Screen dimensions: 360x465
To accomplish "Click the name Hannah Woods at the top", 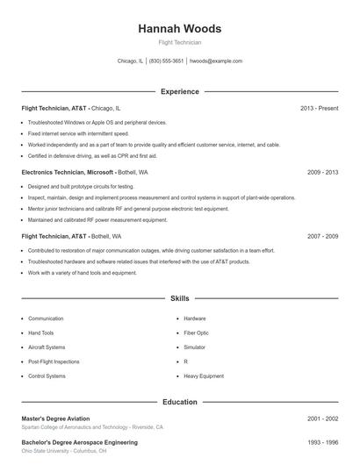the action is point(179,29).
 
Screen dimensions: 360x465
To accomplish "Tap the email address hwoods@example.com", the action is point(216,61).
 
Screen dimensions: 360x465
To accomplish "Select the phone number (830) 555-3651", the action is point(166,61).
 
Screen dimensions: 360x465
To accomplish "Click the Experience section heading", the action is point(179,91).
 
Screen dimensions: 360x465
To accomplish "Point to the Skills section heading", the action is point(179,299).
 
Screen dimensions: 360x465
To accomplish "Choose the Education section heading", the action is point(179,402).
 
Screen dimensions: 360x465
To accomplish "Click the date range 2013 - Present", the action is point(319,108).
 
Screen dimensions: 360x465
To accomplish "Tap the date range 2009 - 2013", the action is point(322,172).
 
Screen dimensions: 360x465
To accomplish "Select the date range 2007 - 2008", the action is point(322,237).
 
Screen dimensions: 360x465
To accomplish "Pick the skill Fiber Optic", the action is point(197,333).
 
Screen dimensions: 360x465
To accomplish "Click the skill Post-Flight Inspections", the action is point(54,361).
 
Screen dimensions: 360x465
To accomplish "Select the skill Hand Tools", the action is point(41,333).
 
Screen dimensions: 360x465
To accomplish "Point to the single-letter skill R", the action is point(186,361).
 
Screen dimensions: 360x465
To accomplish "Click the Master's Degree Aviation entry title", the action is point(56,418).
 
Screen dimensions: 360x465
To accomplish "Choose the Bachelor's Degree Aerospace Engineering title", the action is point(79,443).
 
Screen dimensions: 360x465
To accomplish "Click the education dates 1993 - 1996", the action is point(322,443).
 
